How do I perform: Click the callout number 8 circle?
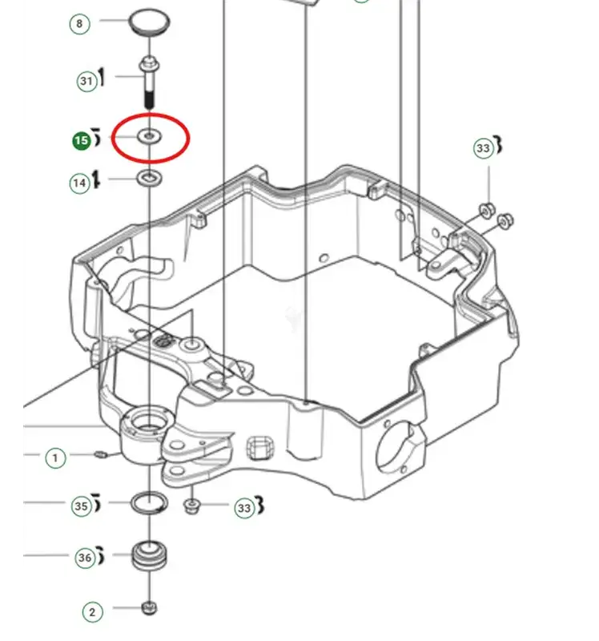[79, 24]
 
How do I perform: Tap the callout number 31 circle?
[87, 81]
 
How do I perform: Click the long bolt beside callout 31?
[150, 83]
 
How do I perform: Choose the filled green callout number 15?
[82, 141]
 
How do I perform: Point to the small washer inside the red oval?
[150, 136]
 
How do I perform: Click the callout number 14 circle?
[79, 183]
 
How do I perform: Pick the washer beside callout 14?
[149, 178]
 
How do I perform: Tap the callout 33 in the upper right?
[484, 148]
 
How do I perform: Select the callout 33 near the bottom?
[244, 508]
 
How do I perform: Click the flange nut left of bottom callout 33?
[191, 507]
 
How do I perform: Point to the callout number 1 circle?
[55, 458]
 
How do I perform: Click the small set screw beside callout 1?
[101, 454]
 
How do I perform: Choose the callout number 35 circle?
[82, 506]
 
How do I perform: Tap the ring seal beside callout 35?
[149, 503]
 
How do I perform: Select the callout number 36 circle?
[85, 558]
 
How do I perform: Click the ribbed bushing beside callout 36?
[150, 556]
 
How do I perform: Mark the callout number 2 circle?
[92, 612]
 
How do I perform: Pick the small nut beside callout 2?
[150, 608]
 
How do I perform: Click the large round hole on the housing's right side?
[393, 450]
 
